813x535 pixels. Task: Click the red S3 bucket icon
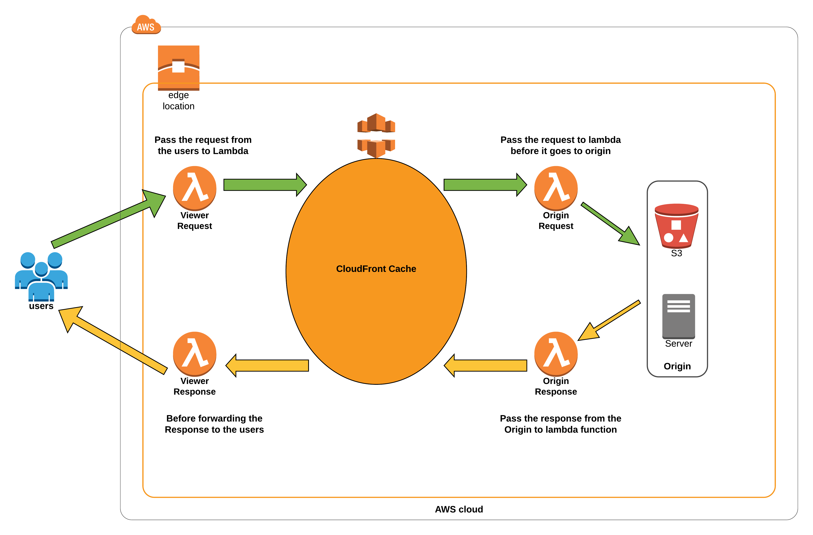[x=676, y=226]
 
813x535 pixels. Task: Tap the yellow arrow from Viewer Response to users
[x=113, y=340]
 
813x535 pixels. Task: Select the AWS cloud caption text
[x=458, y=509]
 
